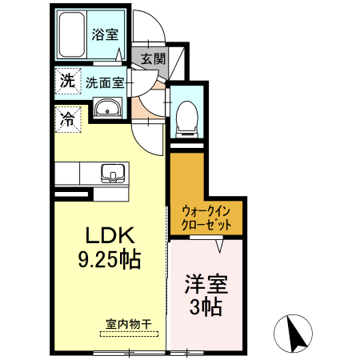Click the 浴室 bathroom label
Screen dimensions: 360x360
click(105, 34)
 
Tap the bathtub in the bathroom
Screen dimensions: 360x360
click(72, 34)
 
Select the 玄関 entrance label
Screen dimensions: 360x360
click(153, 58)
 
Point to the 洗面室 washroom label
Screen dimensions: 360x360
click(105, 83)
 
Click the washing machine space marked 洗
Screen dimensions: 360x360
click(68, 81)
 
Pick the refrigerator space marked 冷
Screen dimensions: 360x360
click(68, 119)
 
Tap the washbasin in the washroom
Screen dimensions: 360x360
click(107, 108)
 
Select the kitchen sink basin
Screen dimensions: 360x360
click(113, 173)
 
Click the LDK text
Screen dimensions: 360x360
click(110, 235)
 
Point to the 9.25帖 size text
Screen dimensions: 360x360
click(110, 259)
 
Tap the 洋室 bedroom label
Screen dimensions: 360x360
click(206, 284)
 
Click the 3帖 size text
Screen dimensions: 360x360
click(206, 306)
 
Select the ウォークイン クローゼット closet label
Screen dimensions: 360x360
click(206, 218)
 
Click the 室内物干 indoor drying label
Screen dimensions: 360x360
click(129, 325)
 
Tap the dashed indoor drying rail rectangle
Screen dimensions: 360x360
click(129, 334)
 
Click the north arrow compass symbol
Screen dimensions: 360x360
click(293, 334)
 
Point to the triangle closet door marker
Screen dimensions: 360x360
click(219, 246)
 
